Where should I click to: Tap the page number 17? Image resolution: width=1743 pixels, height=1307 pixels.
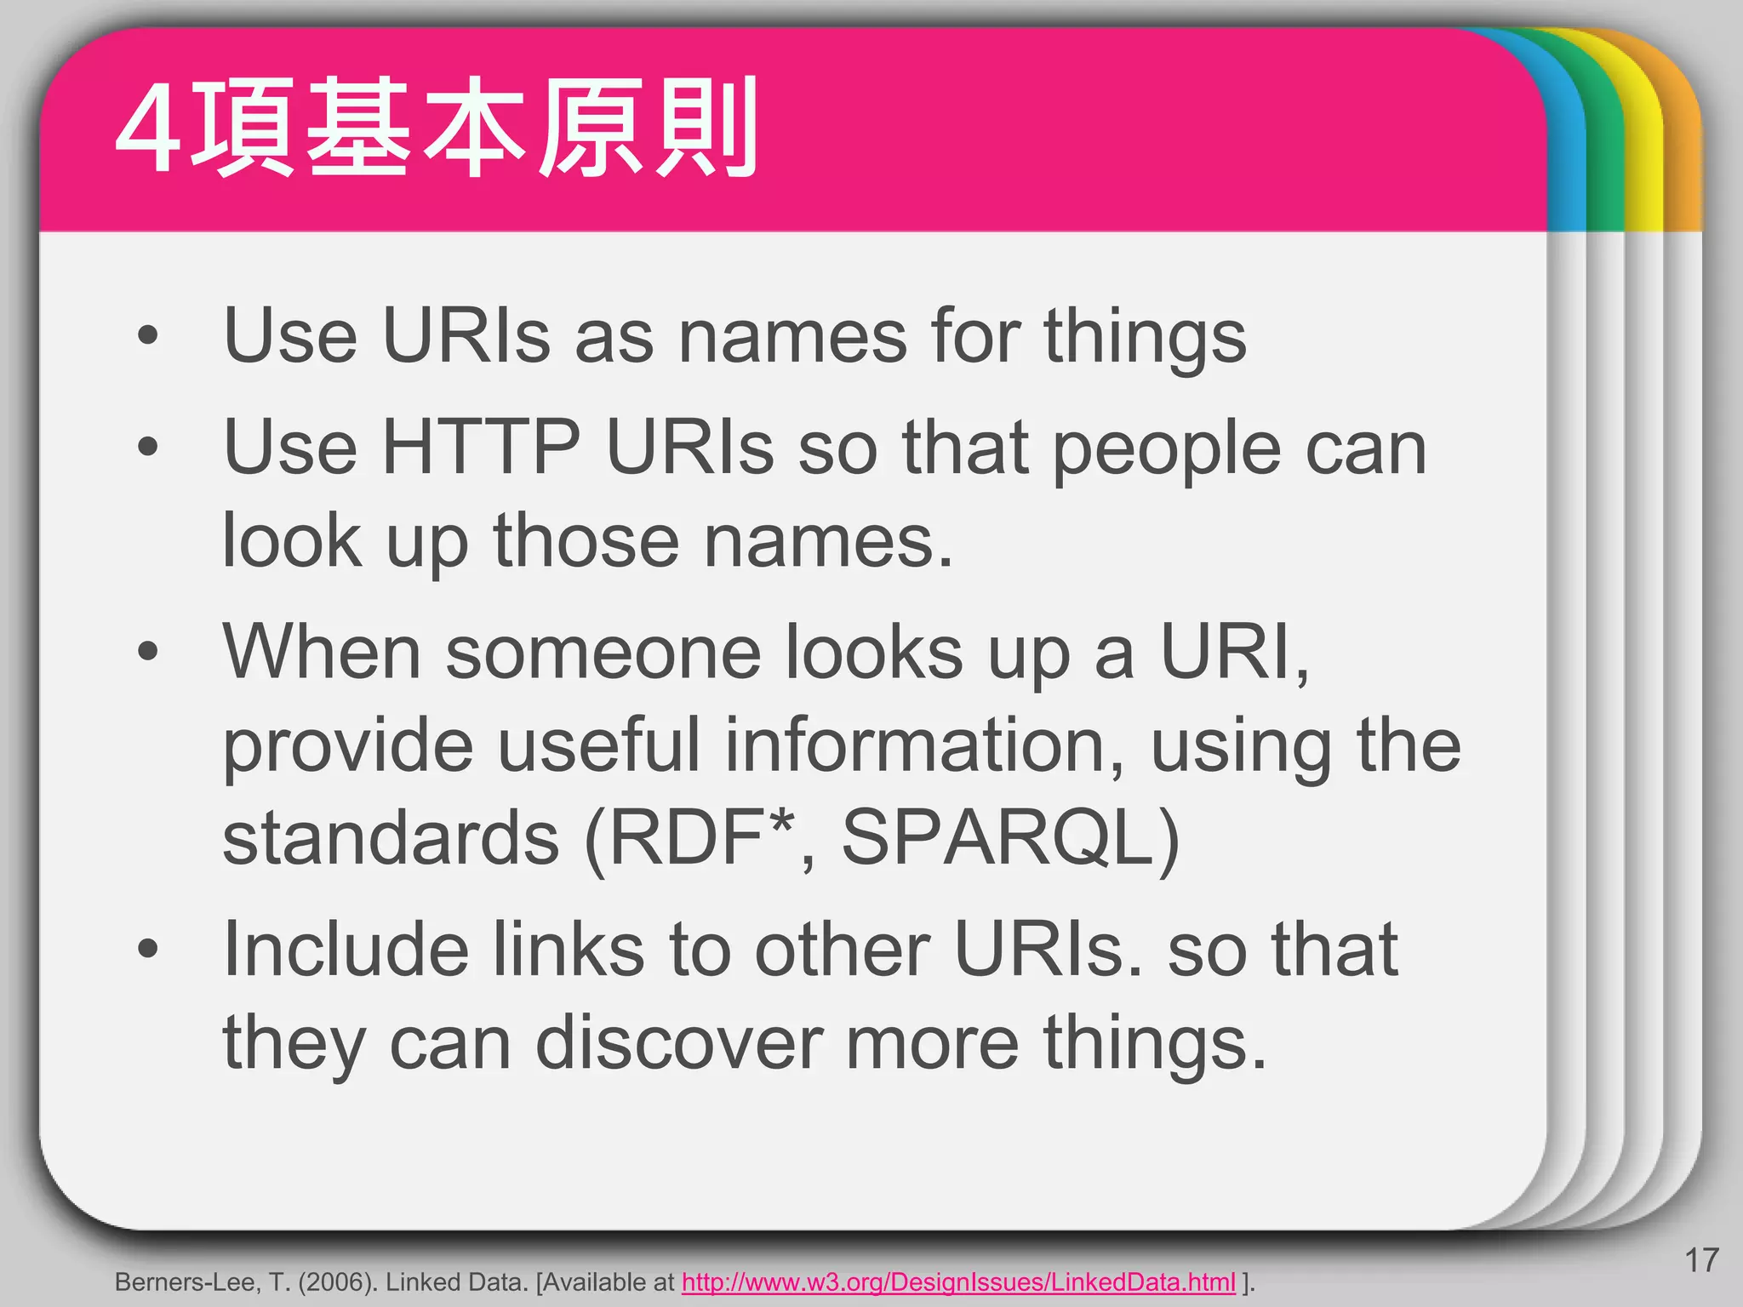(1701, 1260)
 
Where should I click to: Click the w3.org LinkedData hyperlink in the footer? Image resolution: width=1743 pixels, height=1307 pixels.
(958, 1282)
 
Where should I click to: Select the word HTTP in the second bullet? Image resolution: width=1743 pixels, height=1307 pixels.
(482, 448)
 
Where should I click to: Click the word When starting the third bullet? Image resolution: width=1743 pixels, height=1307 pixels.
(322, 653)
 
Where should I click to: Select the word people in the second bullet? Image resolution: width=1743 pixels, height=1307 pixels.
(1167, 451)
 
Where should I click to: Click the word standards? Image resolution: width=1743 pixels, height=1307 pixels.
(391, 838)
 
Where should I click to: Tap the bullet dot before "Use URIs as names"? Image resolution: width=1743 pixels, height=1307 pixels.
(148, 335)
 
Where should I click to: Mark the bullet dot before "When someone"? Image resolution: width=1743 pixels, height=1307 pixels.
(148, 653)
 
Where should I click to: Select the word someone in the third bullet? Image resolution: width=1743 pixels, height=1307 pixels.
(603, 653)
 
